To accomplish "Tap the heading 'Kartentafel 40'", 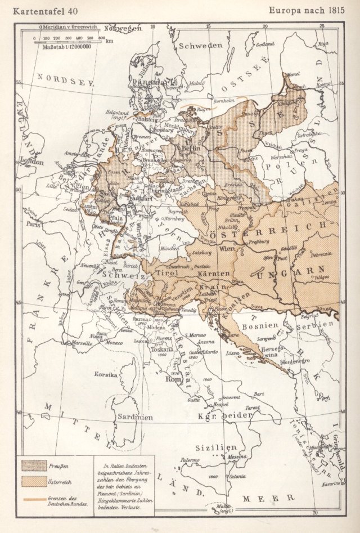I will [x=42, y=10].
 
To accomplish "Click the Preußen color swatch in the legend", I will [x=34, y=465].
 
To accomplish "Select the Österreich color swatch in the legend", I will [x=34, y=482].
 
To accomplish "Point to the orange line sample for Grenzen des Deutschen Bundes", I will [x=34, y=499].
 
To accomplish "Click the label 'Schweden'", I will [x=200, y=47].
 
